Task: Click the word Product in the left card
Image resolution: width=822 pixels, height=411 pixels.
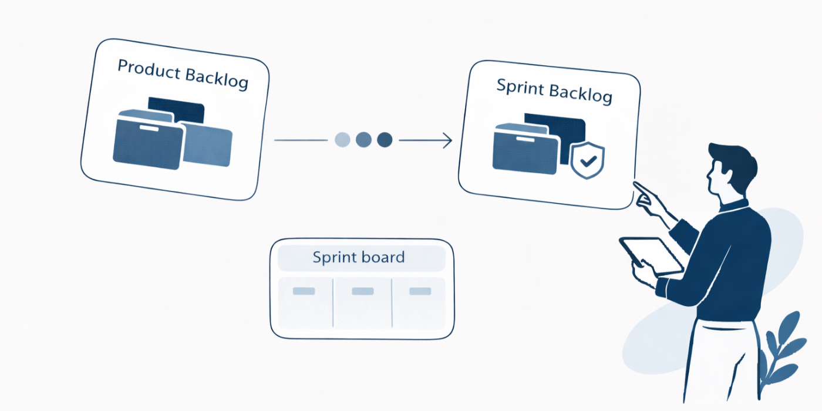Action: click(x=148, y=69)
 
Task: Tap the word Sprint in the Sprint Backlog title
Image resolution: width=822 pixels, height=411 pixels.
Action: click(x=518, y=87)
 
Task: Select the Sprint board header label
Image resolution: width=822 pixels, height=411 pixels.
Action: click(x=358, y=258)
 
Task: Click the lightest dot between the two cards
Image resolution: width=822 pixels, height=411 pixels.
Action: click(x=342, y=140)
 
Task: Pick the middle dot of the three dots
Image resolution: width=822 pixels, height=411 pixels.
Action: click(x=363, y=140)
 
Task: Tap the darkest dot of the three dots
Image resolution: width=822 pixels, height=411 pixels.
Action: click(x=385, y=140)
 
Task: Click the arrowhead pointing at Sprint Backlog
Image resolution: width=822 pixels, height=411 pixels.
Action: click(x=447, y=140)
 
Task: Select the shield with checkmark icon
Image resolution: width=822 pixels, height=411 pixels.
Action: click(x=587, y=160)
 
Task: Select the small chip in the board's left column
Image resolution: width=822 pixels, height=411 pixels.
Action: click(x=304, y=291)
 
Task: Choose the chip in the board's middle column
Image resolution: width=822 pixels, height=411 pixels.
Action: click(x=362, y=291)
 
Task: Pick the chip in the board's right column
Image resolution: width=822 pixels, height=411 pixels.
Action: click(x=420, y=291)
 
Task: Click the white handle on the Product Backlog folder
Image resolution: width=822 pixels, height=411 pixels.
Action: click(x=148, y=127)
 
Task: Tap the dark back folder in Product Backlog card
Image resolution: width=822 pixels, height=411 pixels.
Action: click(x=176, y=109)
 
